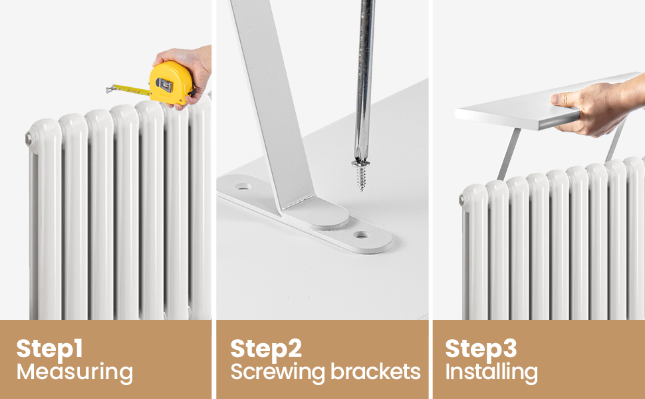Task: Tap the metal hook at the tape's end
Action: [109, 88]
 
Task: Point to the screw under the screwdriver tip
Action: [361, 174]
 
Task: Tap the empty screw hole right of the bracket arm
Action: [362, 235]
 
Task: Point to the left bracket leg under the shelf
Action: [510, 153]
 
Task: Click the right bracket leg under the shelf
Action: [615, 141]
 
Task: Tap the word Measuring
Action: [74, 372]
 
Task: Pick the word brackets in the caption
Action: [380, 372]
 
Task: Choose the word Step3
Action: [481, 348]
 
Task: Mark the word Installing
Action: [491, 372]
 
